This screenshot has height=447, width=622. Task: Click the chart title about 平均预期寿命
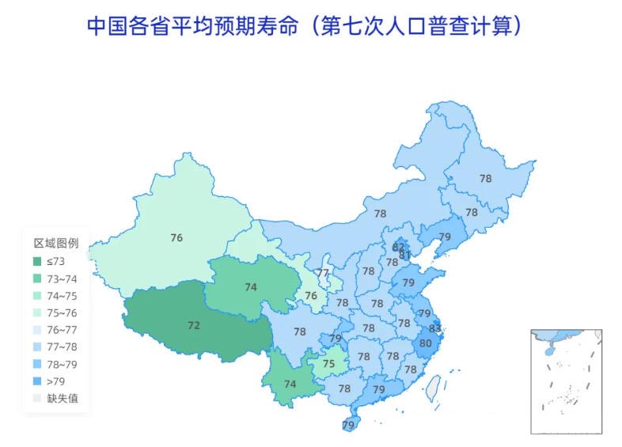[305, 25]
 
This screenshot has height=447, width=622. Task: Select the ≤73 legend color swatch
[37, 261]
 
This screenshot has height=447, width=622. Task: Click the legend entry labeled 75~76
[62, 313]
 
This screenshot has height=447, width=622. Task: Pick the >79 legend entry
[55, 381]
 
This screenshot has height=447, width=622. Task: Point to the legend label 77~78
[62, 347]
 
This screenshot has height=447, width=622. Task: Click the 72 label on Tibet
[193, 325]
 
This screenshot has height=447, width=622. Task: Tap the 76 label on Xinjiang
[176, 237]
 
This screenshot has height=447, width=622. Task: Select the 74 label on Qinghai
[251, 287]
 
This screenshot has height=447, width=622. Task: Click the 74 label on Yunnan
[290, 384]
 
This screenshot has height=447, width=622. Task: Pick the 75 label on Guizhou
[329, 364]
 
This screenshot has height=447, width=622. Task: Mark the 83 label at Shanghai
[434, 328]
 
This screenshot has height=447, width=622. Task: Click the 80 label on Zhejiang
[426, 343]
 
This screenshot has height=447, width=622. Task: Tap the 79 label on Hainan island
[348, 426]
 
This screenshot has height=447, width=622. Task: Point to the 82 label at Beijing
[398, 247]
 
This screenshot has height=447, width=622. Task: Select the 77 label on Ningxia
[323, 274]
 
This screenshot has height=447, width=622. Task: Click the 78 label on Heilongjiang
[485, 179]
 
